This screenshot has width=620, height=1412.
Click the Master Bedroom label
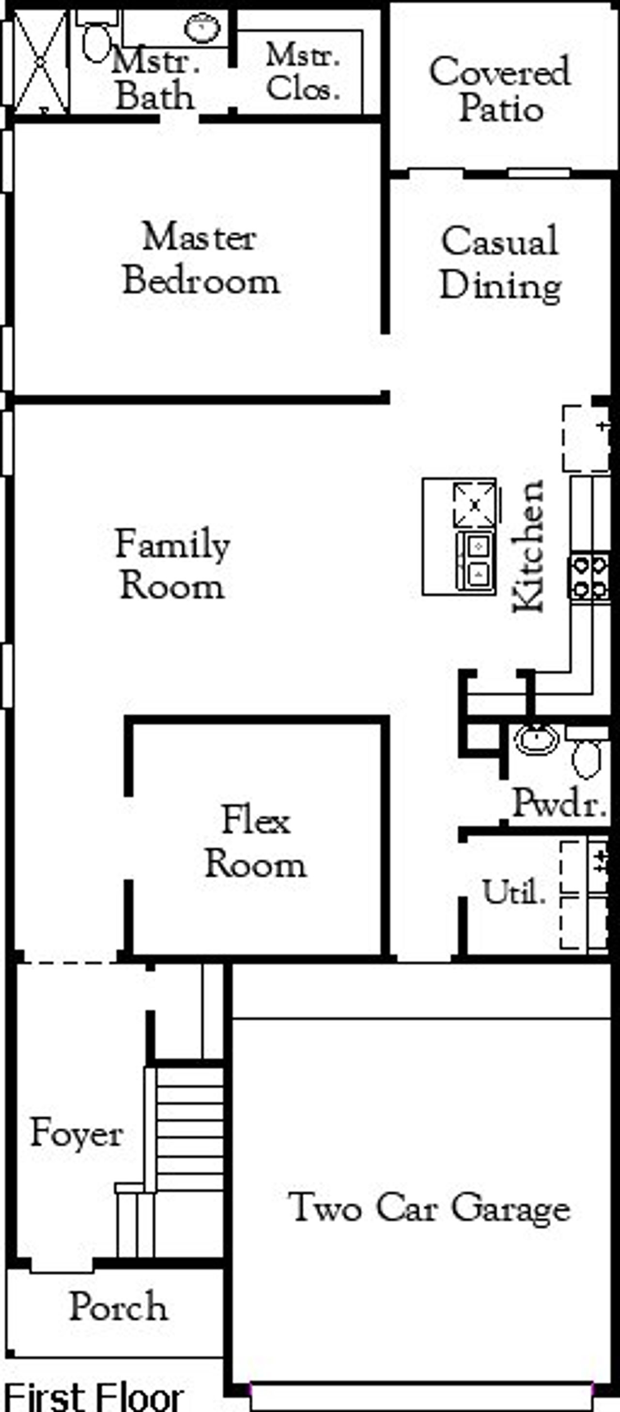point(201,259)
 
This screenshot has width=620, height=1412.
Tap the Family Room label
point(172,565)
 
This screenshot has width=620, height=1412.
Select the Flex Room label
point(255,842)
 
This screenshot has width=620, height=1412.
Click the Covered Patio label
point(500,90)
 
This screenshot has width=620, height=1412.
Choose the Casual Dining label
point(500,263)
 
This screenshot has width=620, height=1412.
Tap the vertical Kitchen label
point(528,546)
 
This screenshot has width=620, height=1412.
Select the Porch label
point(118,1306)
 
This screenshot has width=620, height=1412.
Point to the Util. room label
point(513,892)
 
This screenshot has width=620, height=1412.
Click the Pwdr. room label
point(559,804)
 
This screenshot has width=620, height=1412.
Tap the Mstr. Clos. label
point(303,72)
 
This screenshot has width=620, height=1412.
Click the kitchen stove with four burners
point(588,576)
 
